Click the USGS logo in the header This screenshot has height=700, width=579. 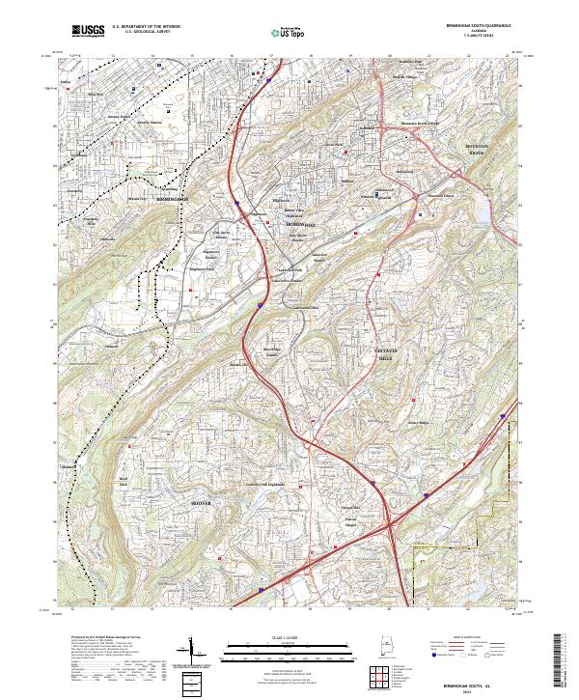click(88, 32)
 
